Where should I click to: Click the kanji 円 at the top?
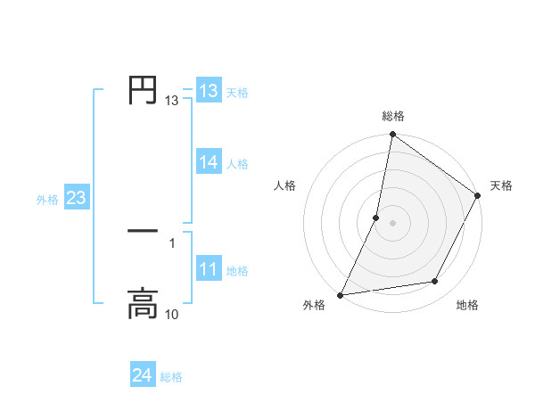143,89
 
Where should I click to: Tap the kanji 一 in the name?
143,231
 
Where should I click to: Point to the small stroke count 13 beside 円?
172,102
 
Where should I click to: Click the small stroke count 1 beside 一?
172,242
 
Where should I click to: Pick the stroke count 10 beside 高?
172,314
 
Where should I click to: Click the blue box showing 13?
209,91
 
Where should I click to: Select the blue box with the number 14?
209,162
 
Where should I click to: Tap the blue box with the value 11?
209,269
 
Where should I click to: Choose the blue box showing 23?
76,198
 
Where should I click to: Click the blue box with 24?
143,375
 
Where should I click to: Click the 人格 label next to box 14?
237,164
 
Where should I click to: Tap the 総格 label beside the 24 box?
171,377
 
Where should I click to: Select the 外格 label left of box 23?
47,200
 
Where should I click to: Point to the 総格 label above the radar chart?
392,117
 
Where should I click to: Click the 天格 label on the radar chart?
501,185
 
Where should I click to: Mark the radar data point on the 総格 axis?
392,136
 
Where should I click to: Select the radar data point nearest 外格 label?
341,294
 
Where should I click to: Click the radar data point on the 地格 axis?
435,282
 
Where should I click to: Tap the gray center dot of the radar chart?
392,222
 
